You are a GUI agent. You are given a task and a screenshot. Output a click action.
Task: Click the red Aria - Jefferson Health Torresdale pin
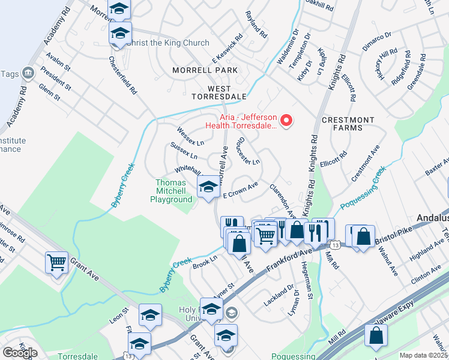tap(287, 121)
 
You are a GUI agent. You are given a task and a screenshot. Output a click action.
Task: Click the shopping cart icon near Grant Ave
tap(56, 262)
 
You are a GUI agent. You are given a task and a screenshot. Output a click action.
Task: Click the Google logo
tap(20, 353)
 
